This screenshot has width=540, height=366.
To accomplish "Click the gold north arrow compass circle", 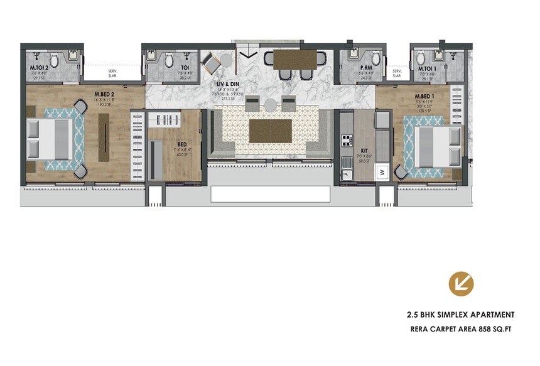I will (461, 284).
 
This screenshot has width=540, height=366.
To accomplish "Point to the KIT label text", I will (364, 151).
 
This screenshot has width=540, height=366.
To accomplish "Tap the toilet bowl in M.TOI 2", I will (55, 61).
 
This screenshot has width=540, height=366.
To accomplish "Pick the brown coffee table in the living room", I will (270, 131).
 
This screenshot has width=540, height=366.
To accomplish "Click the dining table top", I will (295, 58).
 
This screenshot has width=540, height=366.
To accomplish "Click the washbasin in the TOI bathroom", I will (153, 58).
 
